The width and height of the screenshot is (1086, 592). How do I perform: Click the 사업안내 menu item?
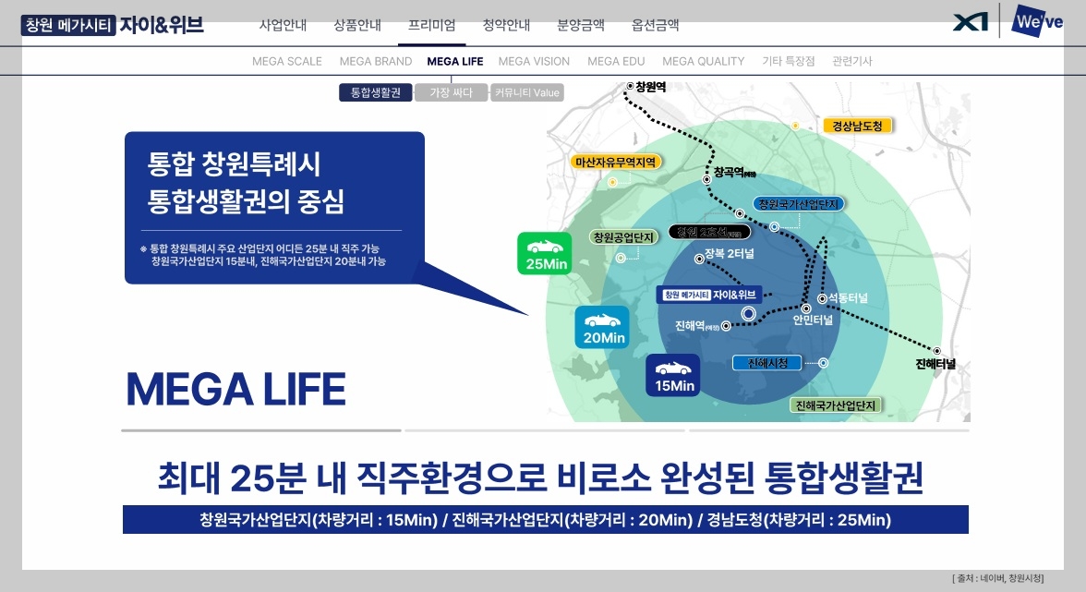click(283, 25)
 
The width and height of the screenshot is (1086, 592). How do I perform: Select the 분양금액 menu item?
click(582, 25)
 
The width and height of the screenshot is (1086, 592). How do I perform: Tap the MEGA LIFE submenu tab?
click(454, 62)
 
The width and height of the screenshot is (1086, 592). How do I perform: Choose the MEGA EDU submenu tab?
click(616, 62)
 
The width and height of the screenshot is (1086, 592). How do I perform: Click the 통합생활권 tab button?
click(376, 92)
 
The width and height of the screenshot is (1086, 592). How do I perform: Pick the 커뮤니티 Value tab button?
click(526, 92)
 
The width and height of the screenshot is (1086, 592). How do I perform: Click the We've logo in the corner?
click(1037, 21)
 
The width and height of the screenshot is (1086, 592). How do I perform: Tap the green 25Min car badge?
click(545, 253)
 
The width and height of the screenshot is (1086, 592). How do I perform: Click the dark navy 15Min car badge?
click(673, 375)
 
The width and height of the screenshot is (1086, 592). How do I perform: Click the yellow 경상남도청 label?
click(857, 126)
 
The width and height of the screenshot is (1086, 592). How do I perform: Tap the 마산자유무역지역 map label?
click(615, 162)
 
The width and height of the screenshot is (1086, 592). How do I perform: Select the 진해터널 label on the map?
click(935, 364)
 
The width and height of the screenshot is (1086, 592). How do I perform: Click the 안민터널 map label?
click(813, 320)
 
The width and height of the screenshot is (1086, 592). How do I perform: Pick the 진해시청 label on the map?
click(767, 363)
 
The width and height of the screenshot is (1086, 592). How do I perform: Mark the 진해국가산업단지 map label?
click(836, 405)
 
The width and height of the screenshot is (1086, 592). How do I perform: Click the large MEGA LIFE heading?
click(235, 390)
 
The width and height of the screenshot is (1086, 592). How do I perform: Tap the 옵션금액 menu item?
click(656, 25)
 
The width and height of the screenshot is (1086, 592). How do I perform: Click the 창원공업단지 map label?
click(623, 237)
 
